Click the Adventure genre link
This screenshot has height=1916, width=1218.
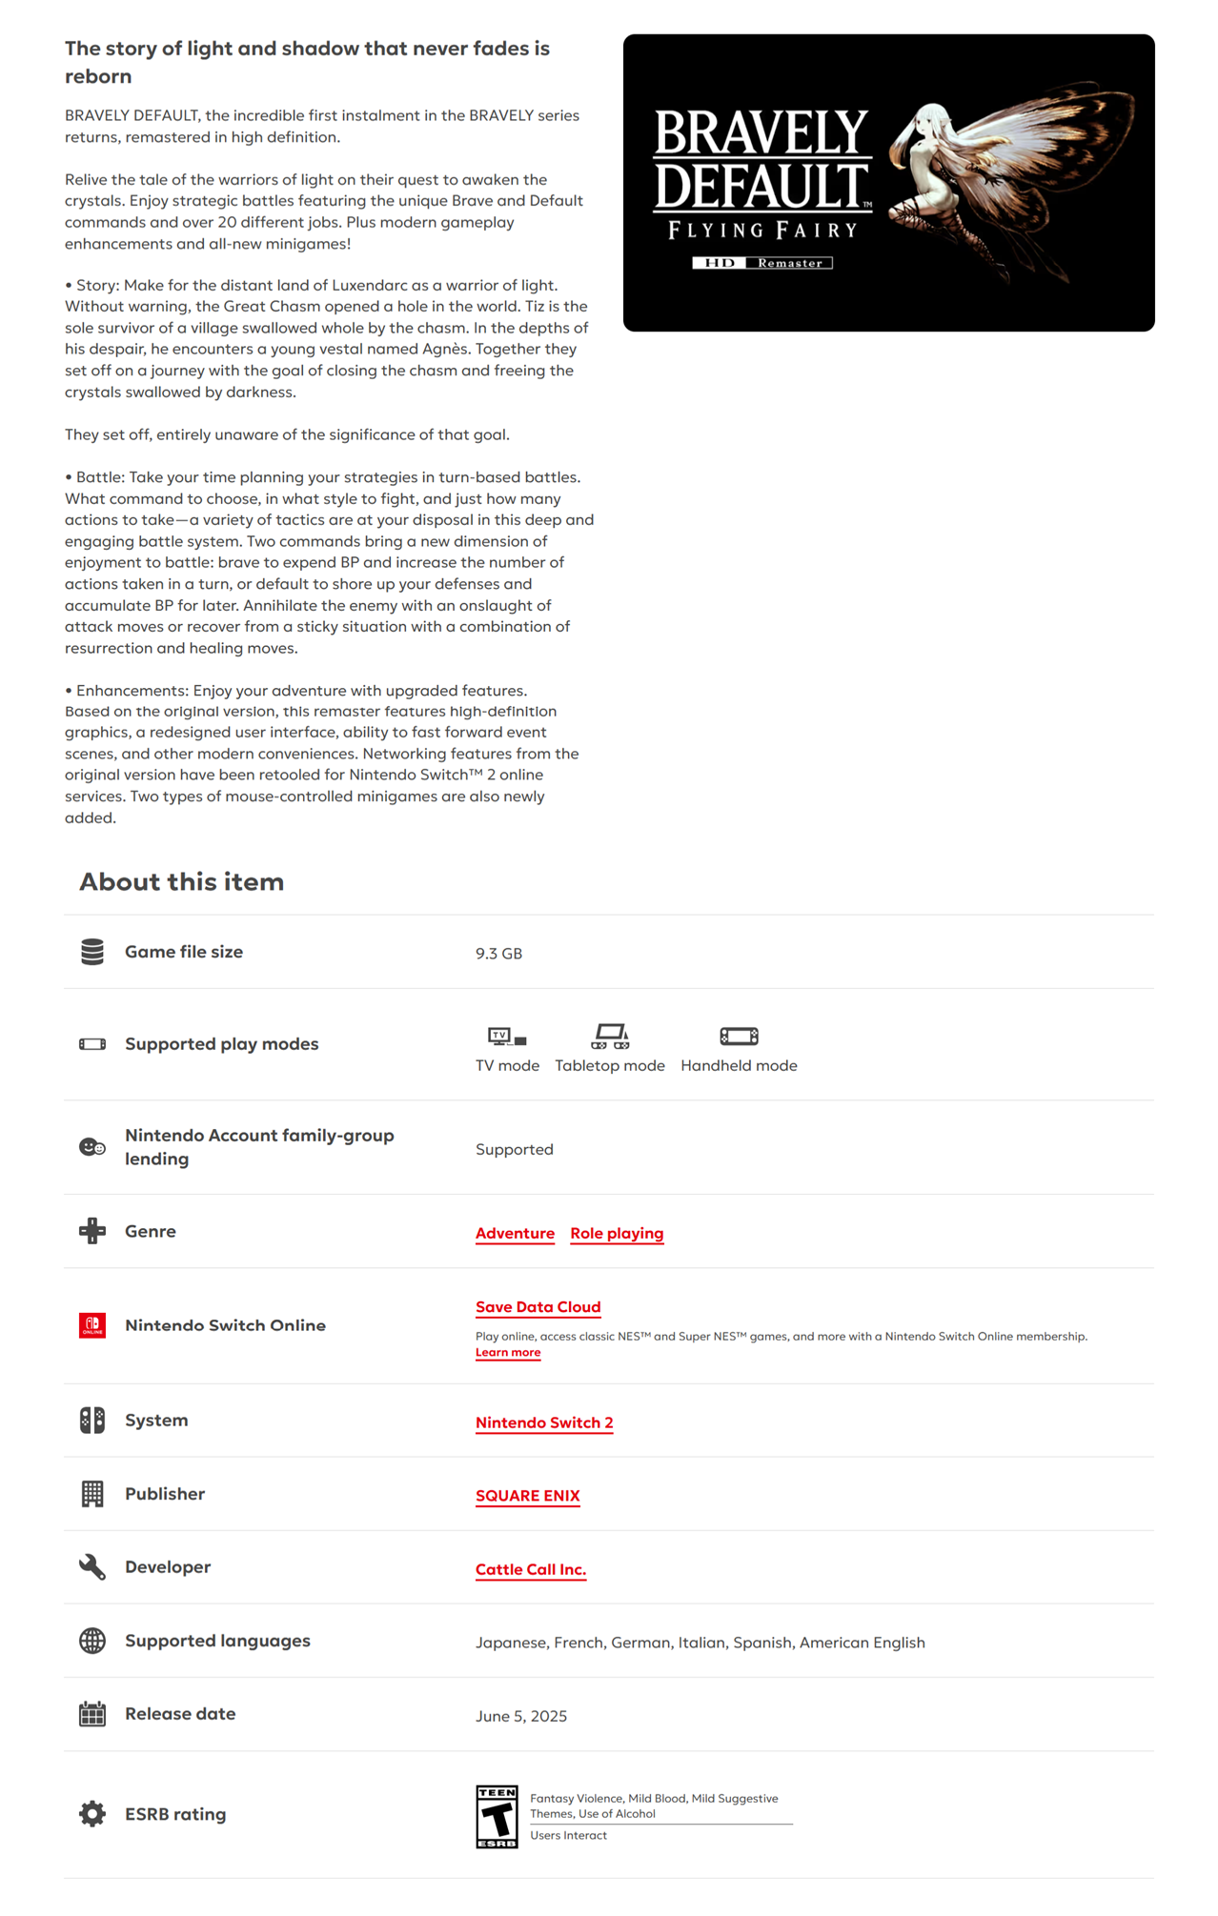[x=515, y=1233]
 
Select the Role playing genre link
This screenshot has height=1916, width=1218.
[x=617, y=1233]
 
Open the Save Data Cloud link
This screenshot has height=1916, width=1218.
[x=538, y=1307]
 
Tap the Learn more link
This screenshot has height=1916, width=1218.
[x=508, y=1353]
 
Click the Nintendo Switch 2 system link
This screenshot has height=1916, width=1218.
[x=544, y=1422]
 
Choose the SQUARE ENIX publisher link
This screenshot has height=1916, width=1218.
[x=527, y=1496]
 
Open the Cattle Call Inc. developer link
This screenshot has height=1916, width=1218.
[x=531, y=1569]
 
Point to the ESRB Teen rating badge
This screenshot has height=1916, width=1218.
[x=497, y=1817]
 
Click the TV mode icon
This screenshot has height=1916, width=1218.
[x=507, y=1036]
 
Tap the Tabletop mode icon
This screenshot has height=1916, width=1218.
[x=610, y=1036]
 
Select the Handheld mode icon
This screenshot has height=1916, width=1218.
[x=739, y=1036]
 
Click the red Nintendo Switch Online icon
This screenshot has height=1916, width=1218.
[x=92, y=1325]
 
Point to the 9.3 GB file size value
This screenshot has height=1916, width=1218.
[x=498, y=954]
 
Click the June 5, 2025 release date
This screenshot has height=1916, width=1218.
[x=521, y=1716]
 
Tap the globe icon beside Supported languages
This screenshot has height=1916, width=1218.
[x=92, y=1641]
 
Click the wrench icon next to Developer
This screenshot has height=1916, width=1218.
[x=92, y=1567]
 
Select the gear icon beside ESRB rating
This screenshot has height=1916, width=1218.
[x=92, y=1814]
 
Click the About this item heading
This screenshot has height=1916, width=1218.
[x=182, y=882]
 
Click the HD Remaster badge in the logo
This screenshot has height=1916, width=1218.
[x=762, y=263]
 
